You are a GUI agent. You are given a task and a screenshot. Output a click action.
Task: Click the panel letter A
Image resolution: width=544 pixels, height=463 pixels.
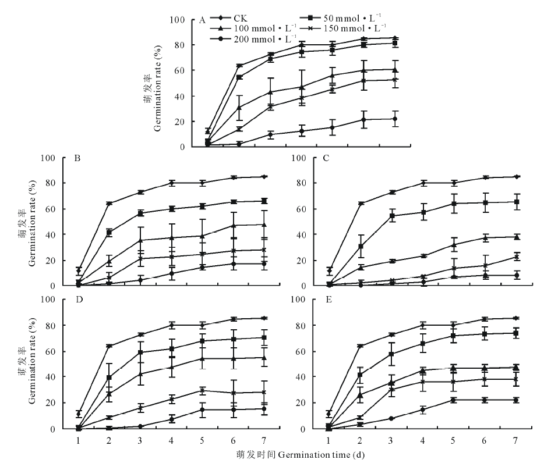tap(202, 20)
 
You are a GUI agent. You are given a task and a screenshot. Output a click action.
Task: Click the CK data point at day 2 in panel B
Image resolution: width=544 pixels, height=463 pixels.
tap(109, 204)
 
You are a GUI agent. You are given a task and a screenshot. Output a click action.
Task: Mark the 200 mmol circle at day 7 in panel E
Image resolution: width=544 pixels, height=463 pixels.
tap(515, 400)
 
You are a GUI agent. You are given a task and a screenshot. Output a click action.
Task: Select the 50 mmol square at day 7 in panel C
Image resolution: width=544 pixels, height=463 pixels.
tap(515, 202)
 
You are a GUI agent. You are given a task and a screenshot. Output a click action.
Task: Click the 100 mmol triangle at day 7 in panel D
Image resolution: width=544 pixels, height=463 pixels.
tap(264, 358)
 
